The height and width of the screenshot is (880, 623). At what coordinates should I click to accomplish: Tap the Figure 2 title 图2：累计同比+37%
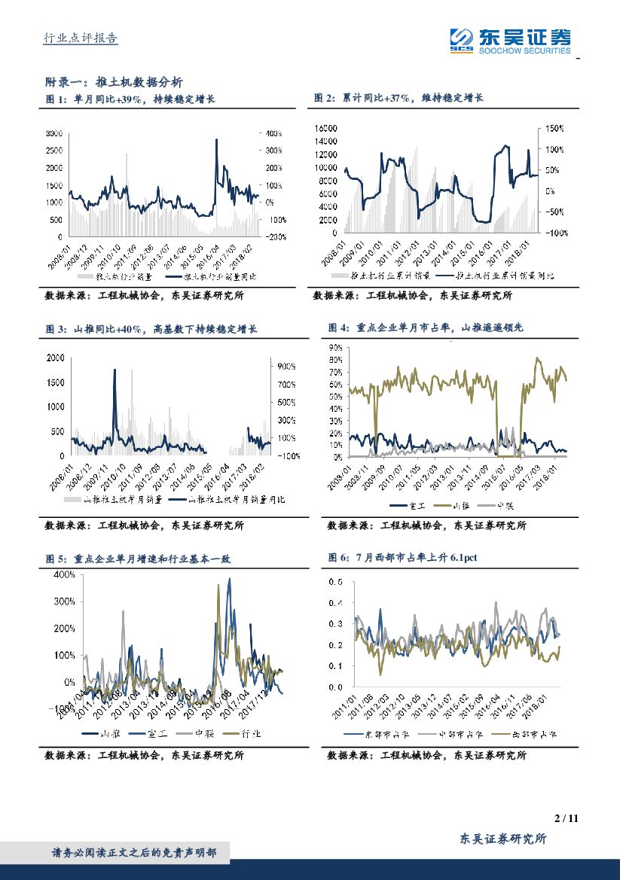click(398, 99)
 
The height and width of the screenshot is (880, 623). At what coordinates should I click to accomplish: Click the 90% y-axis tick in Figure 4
click(334, 348)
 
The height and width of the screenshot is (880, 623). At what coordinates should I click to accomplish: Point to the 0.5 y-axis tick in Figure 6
click(337, 582)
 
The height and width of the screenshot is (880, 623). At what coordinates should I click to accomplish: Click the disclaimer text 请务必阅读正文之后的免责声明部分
click(133, 853)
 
